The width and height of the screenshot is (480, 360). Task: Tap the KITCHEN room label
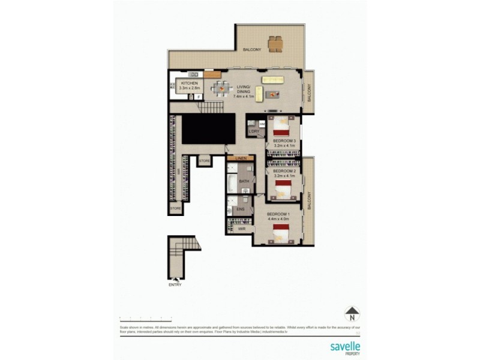click(189, 83)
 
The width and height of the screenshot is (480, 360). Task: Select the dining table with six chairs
click(223, 89)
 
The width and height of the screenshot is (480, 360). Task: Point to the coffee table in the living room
click(273, 94)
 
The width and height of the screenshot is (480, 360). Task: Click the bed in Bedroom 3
click(280, 126)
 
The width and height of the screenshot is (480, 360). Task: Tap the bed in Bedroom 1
click(280, 232)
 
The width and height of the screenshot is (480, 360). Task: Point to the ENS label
click(241, 209)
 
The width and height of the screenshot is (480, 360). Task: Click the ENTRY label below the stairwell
click(175, 284)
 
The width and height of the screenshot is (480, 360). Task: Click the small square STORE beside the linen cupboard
click(205, 161)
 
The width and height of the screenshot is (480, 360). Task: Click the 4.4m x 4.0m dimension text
click(278, 219)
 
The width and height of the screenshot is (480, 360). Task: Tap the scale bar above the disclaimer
click(146, 317)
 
